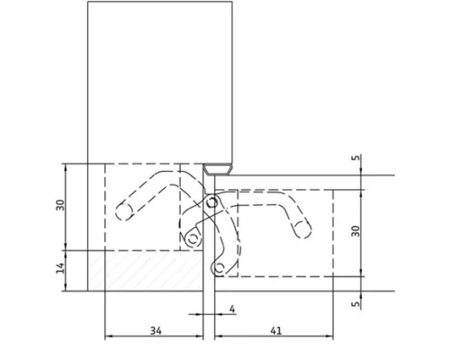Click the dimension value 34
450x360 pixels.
point(156,331)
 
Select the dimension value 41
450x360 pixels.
point(276,330)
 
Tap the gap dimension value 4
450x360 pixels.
point(232,309)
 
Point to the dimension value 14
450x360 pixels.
point(60,268)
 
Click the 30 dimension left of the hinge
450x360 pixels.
point(60,205)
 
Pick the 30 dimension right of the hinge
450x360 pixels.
point(355,231)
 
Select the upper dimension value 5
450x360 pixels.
point(355,157)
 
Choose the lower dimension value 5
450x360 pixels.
point(355,303)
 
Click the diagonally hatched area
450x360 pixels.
point(146,271)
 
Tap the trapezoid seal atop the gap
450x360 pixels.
point(218,169)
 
